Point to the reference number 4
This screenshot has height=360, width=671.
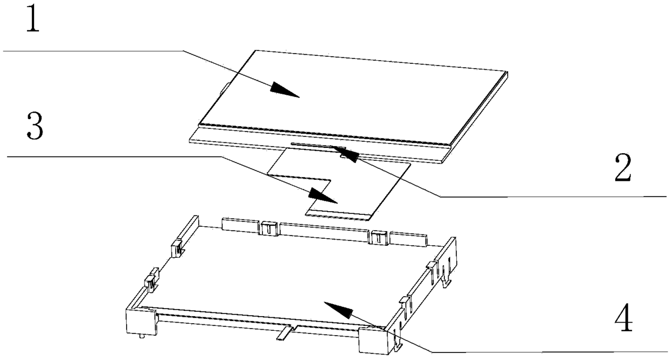622,320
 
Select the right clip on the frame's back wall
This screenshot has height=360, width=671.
379,237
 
